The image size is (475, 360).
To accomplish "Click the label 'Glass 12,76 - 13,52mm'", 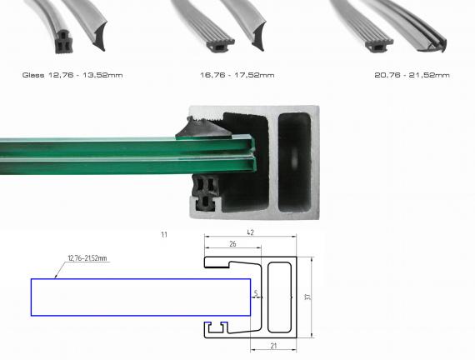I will pos(72,75).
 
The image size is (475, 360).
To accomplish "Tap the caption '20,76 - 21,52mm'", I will pos(412,75).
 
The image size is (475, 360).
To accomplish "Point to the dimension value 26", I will pos(232,245).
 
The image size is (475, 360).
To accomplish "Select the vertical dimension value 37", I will pos(308,297).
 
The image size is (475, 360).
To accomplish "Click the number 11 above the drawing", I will pos(164,235).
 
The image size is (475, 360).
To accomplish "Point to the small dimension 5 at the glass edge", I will pos(257,294).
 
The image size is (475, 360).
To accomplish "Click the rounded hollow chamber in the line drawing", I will pos(279,297).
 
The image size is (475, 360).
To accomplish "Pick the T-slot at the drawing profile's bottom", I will pos(220,326).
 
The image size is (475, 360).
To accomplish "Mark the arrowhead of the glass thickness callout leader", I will pos(56,274).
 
